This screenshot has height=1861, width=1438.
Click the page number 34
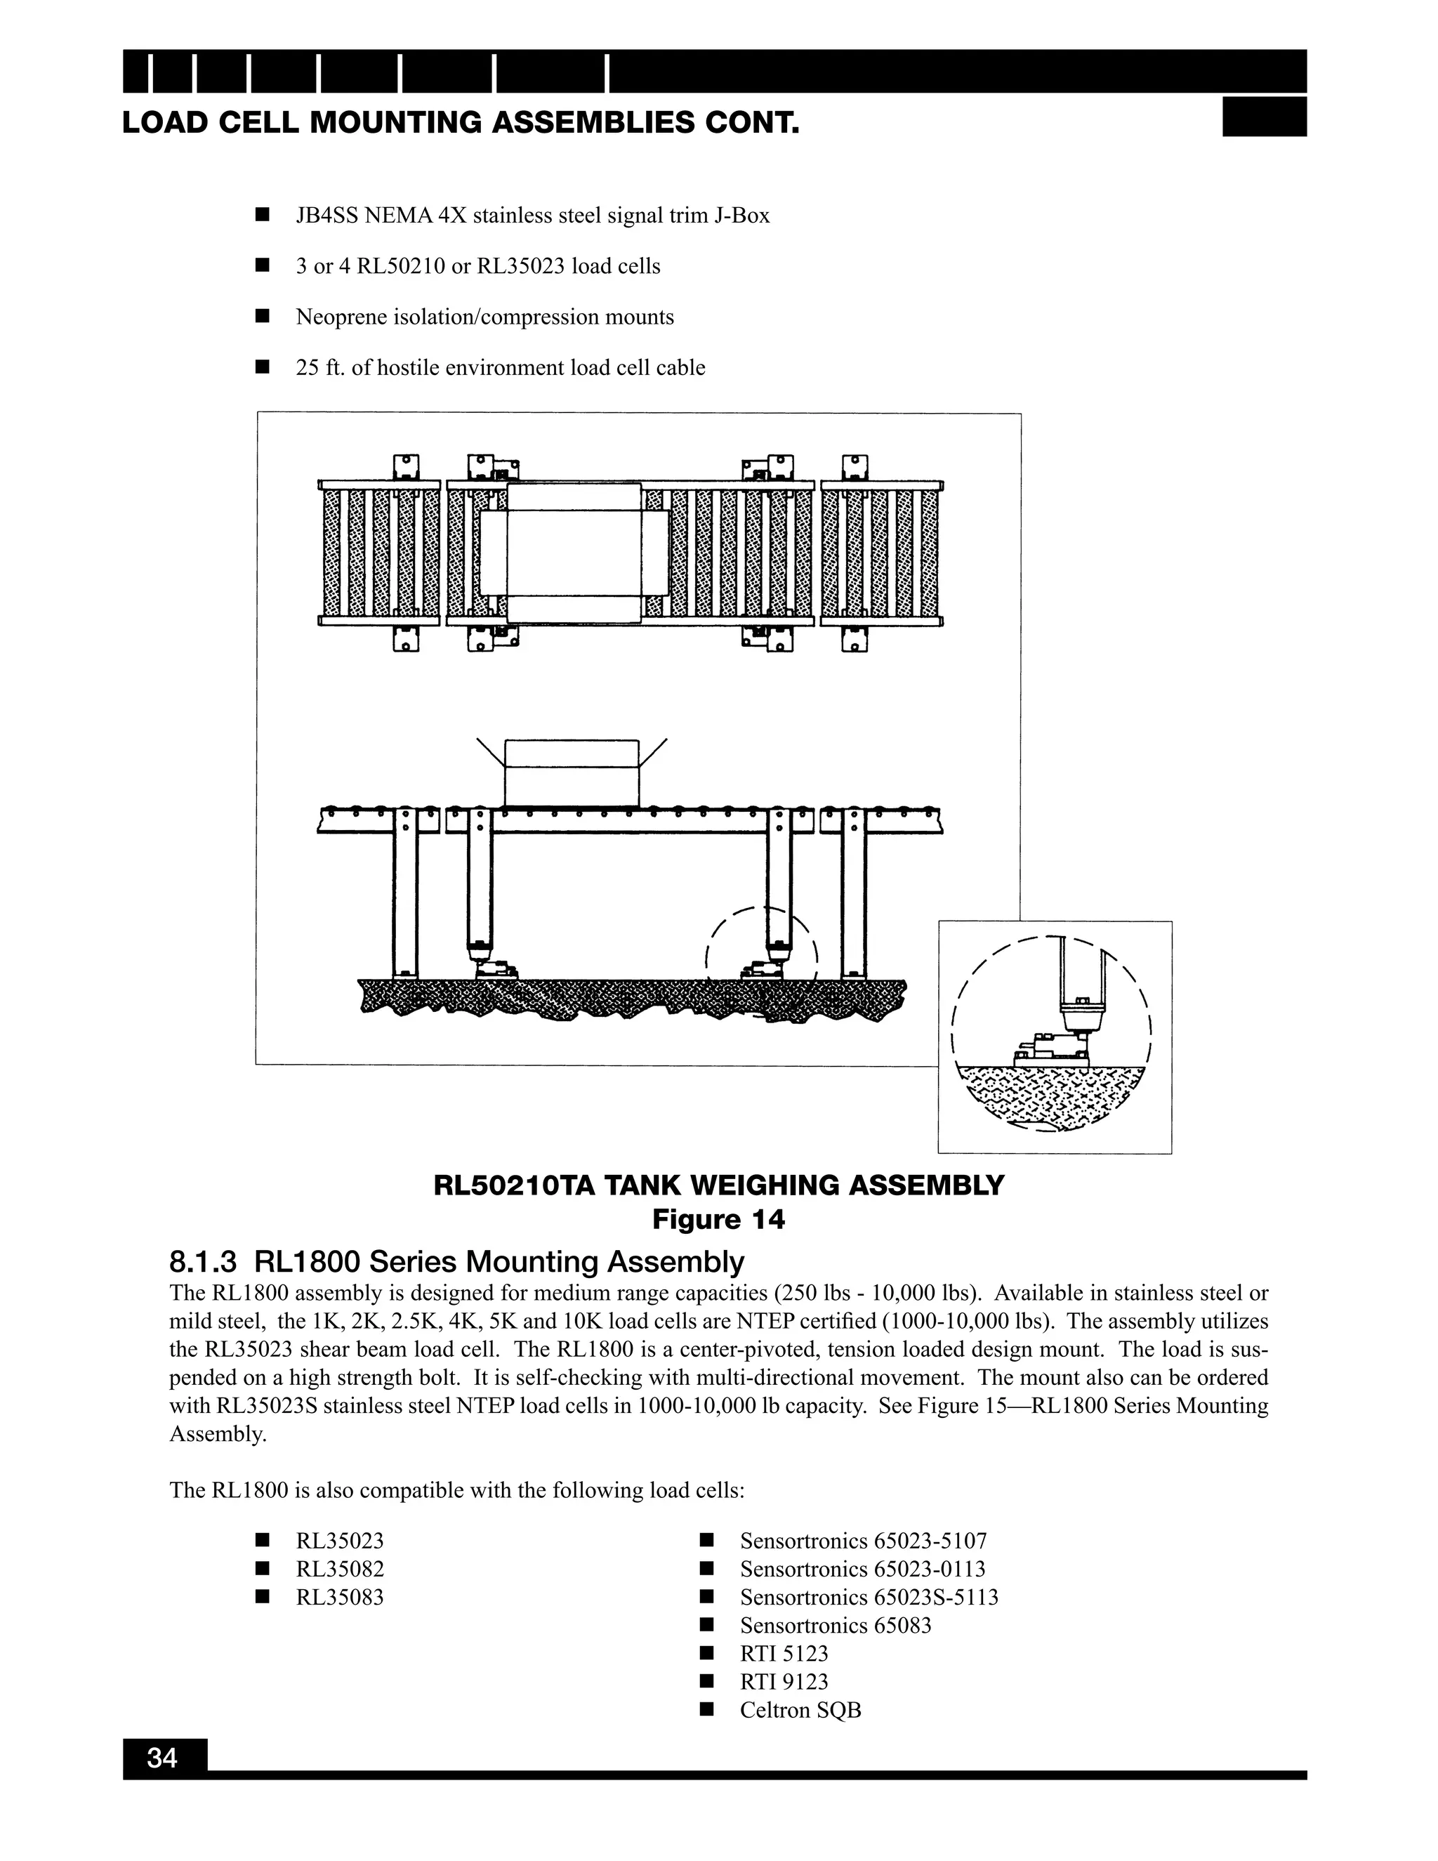162,1758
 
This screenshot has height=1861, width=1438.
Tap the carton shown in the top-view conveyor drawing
574,553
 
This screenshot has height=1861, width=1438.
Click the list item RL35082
340,1569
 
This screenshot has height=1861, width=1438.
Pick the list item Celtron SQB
800,1710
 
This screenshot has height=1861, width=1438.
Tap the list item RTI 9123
784,1681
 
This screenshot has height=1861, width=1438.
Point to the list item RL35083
340,1597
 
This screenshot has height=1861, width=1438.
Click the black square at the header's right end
1263,117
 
